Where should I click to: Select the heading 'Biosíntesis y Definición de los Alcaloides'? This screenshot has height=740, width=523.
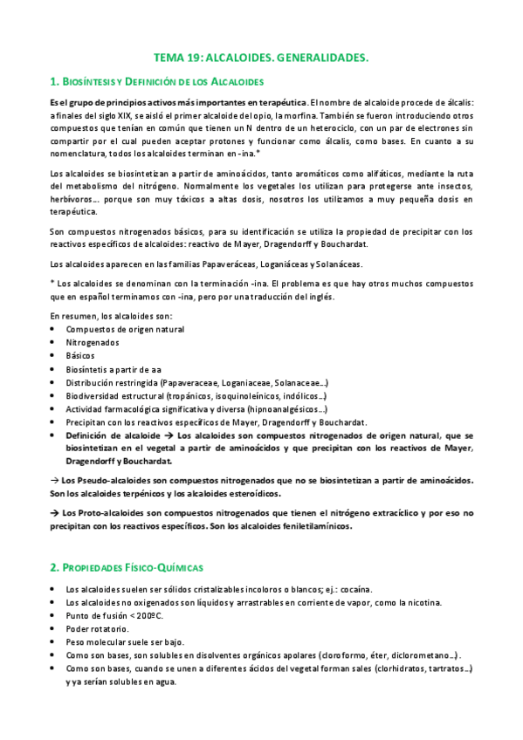[157, 82]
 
